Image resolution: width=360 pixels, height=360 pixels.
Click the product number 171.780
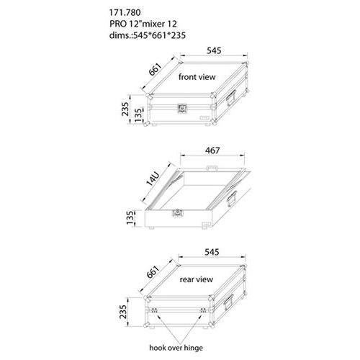point(125,12)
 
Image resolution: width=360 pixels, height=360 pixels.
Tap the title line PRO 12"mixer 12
point(143,24)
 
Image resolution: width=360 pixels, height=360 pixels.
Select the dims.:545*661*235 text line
point(148,35)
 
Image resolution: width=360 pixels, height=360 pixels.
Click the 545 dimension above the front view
point(214,50)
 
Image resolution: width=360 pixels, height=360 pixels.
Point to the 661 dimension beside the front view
point(156,69)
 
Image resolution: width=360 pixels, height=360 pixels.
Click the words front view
point(197,77)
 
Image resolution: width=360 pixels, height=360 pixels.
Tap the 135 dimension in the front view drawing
point(138,115)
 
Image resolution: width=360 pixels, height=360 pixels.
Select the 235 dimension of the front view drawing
point(125,109)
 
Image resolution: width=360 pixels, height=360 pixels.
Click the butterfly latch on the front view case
point(182,108)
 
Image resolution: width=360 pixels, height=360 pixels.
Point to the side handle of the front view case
point(231,97)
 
